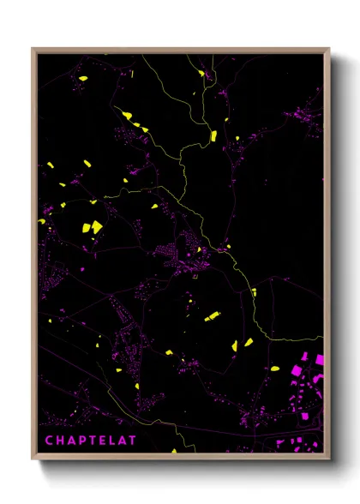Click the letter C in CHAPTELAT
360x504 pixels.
pos(49,441)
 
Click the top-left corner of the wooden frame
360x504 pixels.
pos(33,49)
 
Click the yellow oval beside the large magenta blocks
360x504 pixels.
pos(275,369)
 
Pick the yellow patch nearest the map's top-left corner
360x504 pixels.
pos(83,80)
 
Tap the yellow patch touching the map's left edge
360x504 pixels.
pos(41,221)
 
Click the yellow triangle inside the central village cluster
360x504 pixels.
pos(200,249)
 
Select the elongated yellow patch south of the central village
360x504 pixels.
pos(211,315)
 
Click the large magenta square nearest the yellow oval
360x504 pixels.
pos(297,370)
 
